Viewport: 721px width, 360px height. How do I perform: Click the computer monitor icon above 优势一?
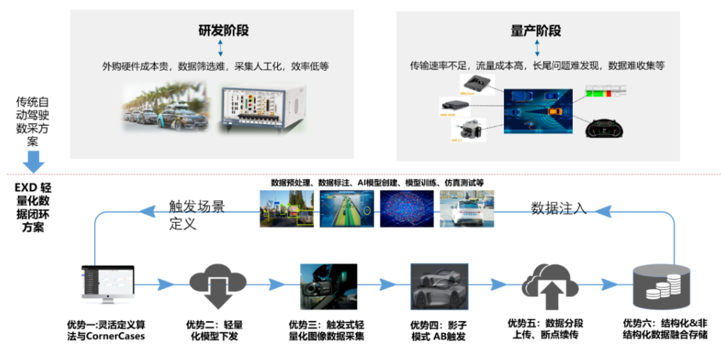[x=108, y=283]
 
